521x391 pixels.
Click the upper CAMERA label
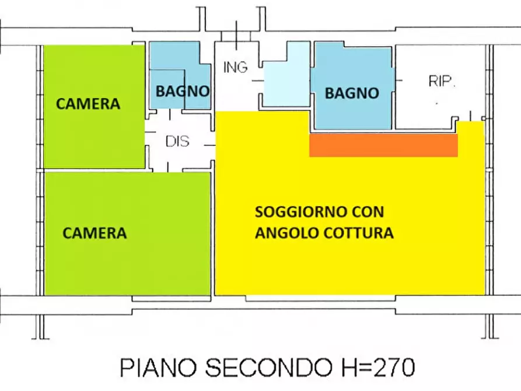coord(88,104)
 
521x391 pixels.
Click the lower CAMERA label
coord(95,233)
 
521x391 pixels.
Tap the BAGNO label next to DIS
coord(182,91)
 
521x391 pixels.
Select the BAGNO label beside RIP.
coord(352,93)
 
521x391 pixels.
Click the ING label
coord(235,67)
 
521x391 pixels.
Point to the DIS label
coord(177,142)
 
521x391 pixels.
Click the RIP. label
coord(442,81)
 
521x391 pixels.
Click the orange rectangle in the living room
coord(383,146)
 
